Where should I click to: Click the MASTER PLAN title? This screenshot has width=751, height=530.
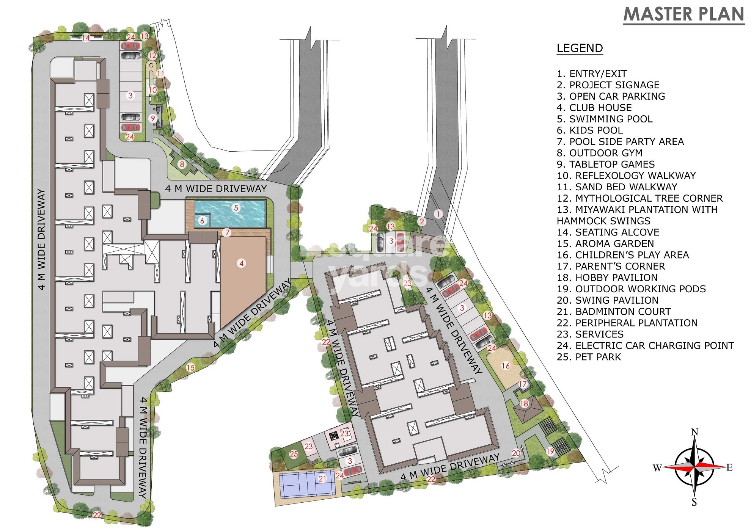coord(684,14)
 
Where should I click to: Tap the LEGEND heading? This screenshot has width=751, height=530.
coord(580,48)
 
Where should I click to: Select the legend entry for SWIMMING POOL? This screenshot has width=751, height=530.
coord(605,119)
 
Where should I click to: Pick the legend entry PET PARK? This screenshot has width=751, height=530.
coord(589,357)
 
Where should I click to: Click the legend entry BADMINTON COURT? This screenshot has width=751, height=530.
coord(614,312)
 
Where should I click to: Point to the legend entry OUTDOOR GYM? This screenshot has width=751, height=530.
coord(600,153)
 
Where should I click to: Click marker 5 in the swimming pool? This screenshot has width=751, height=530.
coord(236,208)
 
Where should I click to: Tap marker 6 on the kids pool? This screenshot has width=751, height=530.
coord(202,221)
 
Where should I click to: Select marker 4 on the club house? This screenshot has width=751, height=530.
coord(242,263)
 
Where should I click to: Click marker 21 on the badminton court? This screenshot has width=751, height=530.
coord(322,478)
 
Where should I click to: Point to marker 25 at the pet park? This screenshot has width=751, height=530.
coord(294,454)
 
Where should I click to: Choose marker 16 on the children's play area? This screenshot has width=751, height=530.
coord(506,365)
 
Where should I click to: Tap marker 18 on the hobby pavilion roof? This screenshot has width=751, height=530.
coord(524,403)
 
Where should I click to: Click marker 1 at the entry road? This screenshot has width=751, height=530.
coord(438,214)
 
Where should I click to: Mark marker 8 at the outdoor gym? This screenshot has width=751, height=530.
coord(182,164)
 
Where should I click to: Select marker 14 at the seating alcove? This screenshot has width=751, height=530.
coord(86,38)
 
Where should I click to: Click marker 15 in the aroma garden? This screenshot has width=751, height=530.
coord(190,367)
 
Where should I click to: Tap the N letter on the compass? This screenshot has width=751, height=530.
coord(694,432)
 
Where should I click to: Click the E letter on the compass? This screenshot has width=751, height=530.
coord(729,467)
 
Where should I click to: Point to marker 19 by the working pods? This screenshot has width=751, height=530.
coord(550,451)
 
